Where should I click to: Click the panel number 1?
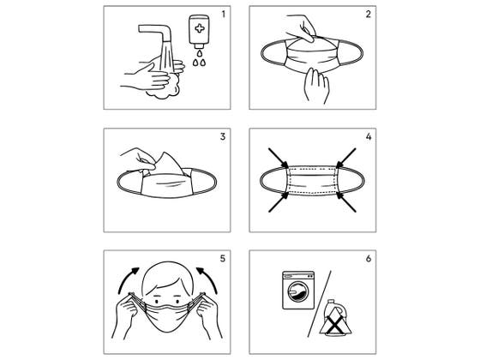[223, 14]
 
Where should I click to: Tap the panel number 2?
[369, 14]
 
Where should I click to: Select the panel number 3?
[223, 136]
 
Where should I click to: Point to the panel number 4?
[369, 136]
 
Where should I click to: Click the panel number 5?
[223, 259]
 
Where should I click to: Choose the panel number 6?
[369, 259]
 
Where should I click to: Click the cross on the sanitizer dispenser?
[200, 29]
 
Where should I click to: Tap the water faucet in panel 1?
[155, 33]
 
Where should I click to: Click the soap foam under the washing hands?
[165, 89]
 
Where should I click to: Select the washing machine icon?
[298, 290]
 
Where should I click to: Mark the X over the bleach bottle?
[336, 326]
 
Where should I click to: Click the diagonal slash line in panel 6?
[319, 303]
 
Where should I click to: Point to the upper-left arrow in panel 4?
[279, 159]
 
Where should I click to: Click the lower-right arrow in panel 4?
[346, 201]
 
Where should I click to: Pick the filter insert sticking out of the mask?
[168, 164]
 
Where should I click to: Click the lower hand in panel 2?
[316, 86]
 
